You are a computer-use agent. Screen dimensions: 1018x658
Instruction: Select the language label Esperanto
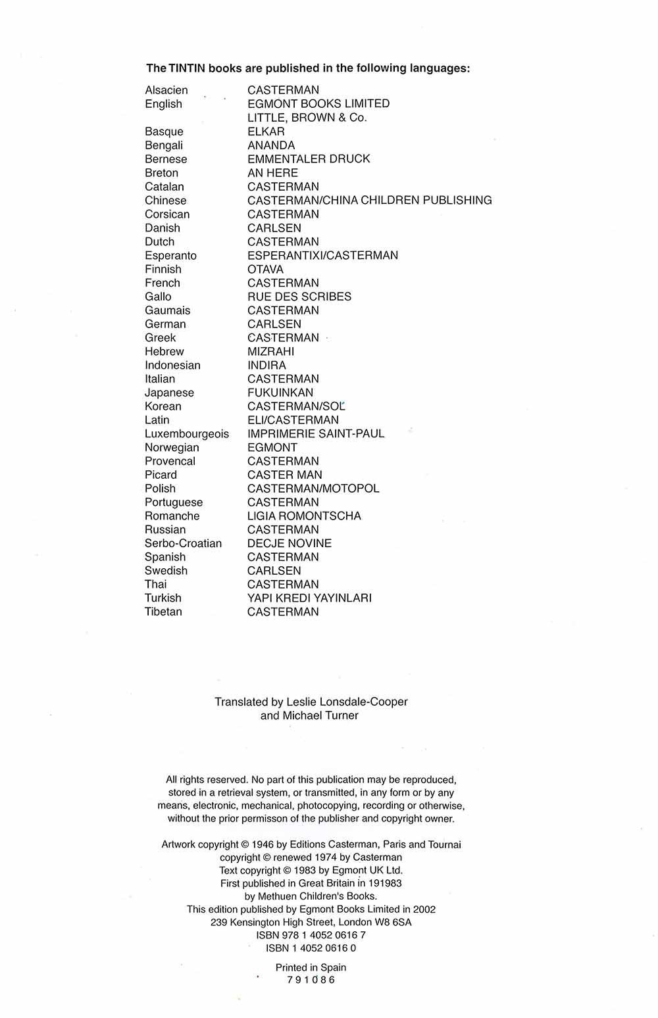click(170, 256)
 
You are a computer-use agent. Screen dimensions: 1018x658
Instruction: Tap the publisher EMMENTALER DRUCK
click(309, 159)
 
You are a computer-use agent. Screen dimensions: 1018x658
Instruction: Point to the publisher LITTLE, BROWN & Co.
click(307, 118)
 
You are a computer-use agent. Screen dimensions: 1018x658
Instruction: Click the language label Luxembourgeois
click(187, 434)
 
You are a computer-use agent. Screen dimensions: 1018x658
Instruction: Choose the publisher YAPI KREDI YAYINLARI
click(309, 598)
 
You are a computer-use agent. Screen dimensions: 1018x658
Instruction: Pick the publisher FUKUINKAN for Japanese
click(280, 393)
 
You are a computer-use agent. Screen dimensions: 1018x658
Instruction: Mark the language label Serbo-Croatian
click(183, 544)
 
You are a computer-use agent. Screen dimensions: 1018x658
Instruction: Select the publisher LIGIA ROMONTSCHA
click(304, 516)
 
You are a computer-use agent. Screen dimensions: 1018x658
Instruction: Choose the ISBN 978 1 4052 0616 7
click(311, 935)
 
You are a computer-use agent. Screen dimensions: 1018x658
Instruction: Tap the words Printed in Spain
click(311, 967)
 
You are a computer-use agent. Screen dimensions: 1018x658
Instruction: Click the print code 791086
click(311, 980)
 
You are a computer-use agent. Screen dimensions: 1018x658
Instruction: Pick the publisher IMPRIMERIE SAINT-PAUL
click(316, 434)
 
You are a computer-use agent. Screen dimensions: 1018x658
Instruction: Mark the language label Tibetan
click(163, 612)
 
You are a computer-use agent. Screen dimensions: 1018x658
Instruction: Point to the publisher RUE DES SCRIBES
click(299, 297)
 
